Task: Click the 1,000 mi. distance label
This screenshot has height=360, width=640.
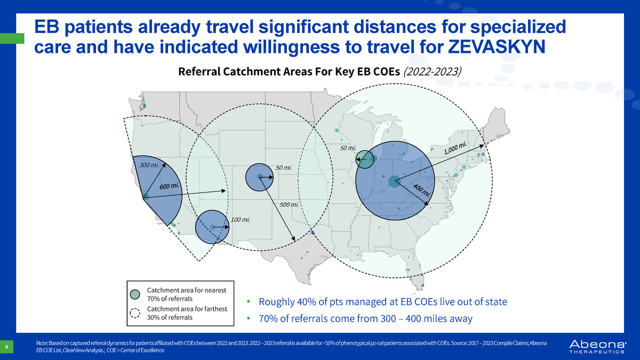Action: coord(455,148)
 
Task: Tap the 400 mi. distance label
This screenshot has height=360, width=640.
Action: coord(421,190)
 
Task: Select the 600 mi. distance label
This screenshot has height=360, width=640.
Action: coord(169,186)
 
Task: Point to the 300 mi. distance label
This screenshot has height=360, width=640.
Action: coord(149,165)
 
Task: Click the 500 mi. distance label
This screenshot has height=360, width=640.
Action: coord(289,205)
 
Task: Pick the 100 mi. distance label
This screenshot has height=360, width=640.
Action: coord(241,220)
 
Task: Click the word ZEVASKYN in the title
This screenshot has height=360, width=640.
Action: coord(497,46)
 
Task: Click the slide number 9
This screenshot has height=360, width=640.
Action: coord(6,347)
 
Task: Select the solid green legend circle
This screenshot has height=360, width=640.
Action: coord(135,294)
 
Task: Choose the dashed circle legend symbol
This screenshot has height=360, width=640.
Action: coord(135,313)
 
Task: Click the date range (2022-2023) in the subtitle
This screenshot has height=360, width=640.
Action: coord(433,71)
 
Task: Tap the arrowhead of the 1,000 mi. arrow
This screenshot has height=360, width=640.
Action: coord(482,146)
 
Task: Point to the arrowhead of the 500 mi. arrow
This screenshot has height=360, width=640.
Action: coord(293,238)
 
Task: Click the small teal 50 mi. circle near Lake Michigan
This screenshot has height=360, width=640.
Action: coord(365,159)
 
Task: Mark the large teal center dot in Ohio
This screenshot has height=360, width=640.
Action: coord(394,181)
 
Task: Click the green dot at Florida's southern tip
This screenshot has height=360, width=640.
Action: coord(423,285)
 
